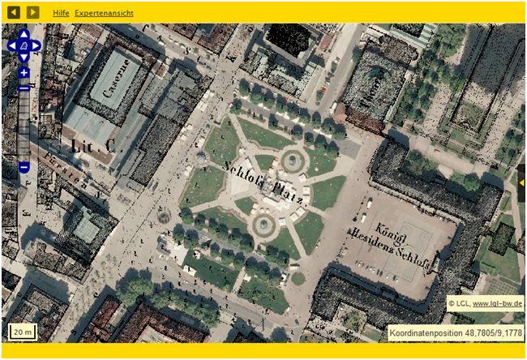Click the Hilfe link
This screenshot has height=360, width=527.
(61, 14)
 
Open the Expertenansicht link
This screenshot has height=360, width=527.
(104, 14)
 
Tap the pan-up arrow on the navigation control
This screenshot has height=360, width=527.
(24, 35)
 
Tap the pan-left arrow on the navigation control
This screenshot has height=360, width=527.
(12, 46)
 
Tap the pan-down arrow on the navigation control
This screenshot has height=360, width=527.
(24, 58)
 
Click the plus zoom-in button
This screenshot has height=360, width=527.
(24, 73)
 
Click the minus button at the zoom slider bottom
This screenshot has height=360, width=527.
(24, 168)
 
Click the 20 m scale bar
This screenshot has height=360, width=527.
(23, 331)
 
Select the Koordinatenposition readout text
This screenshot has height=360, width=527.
(455, 332)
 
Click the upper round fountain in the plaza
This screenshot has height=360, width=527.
(291, 161)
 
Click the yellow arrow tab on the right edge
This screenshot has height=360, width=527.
(522, 182)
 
